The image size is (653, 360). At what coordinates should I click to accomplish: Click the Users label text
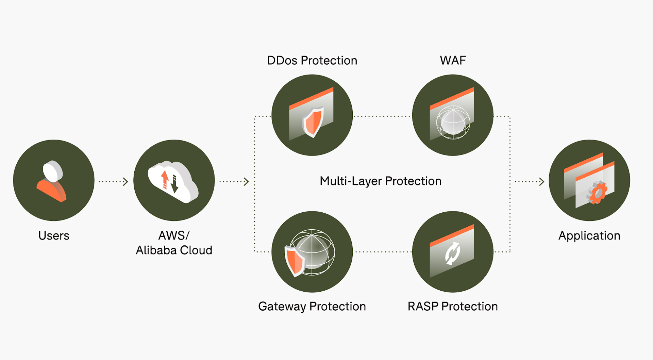click(x=54, y=235)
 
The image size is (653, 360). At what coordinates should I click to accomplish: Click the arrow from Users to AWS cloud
click(x=114, y=182)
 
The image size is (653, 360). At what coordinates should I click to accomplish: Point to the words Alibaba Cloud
click(x=174, y=250)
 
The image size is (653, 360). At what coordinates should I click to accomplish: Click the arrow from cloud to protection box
click(x=234, y=182)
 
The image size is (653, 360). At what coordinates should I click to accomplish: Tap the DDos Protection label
click(x=312, y=61)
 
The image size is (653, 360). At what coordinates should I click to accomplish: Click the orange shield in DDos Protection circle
click(x=313, y=122)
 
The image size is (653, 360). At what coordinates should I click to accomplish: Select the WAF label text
click(x=453, y=60)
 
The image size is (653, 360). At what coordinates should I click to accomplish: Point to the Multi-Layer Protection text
click(x=381, y=181)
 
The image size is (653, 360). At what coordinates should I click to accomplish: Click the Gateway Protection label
click(x=312, y=306)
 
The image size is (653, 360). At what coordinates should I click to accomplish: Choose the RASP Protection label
click(x=453, y=306)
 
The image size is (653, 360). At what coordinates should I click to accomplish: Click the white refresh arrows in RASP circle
click(x=453, y=253)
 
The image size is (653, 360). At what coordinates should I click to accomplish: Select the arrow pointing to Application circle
click(x=530, y=182)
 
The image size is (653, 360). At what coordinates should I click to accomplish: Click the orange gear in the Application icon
click(x=597, y=193)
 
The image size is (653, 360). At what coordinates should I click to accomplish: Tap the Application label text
click(x=589, y=235)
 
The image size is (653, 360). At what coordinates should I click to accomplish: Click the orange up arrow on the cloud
click(x=165, y=179)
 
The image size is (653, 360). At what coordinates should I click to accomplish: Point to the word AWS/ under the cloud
click(x=174, y=235)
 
